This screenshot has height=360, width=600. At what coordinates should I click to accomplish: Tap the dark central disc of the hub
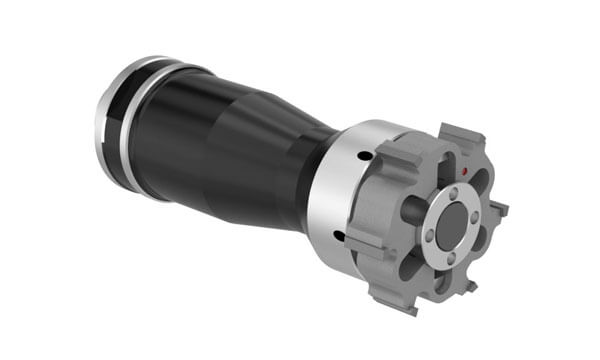click(x=453, y=221)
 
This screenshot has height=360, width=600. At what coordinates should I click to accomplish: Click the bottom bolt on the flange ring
click(x=451, y=258)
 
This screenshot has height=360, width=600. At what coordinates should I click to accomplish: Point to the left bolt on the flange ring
click(x=426, y=237)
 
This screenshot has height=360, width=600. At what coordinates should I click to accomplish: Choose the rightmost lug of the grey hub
click(x=497, y=209)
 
